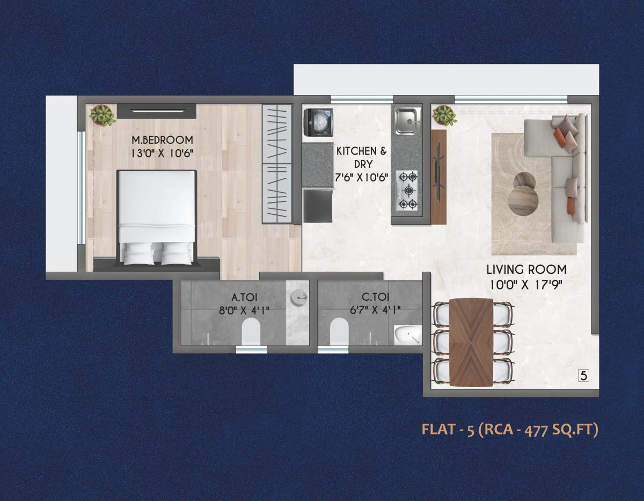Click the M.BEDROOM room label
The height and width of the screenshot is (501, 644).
tap(163, 141)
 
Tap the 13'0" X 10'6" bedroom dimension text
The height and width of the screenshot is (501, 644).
tap(163, 153)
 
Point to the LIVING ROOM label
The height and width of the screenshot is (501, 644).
tap(526, 270)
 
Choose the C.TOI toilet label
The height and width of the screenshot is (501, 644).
tap(376, 297)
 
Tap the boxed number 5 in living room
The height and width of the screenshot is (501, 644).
tap(584, 375)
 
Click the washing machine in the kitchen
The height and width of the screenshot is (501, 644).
tap(318, 122)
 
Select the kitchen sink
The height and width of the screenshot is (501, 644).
tap(408, 121)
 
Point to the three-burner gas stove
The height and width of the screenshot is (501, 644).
tap(407, 190)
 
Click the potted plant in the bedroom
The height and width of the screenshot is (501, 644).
tap(101, 114)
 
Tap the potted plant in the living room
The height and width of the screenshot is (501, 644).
tap(444, 115)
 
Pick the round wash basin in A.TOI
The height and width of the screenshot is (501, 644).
tap(298, 296)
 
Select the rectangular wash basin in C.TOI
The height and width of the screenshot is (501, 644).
tap(407, 335)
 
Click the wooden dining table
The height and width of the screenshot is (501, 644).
tap(471, 342)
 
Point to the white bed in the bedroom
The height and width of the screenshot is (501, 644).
tap(156, 215)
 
